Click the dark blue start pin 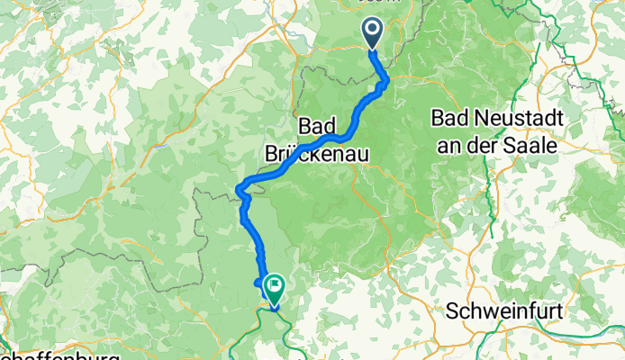click(x=373, y=32)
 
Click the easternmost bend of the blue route click(x=388, y=84)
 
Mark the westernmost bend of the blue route click(x=239, y=188)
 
